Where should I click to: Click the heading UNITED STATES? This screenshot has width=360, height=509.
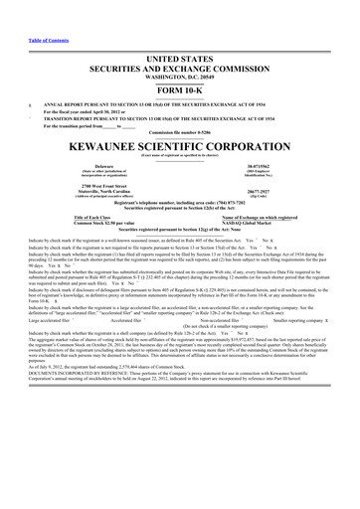(x=179, y=32)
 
